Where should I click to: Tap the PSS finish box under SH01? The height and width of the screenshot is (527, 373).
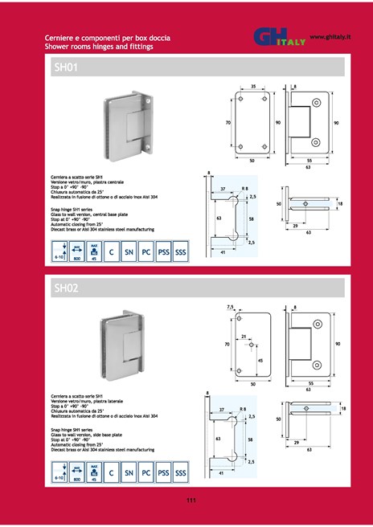pos(163,251)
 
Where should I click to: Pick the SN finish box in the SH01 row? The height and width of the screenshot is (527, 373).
pos(127,251)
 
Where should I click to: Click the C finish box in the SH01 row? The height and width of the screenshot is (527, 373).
pos(109,251)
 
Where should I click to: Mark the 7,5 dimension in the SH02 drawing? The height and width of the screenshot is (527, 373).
pos(230,306)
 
